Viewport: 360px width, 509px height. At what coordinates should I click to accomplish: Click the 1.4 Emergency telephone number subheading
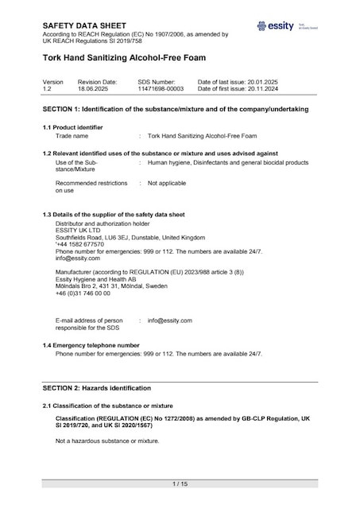91,345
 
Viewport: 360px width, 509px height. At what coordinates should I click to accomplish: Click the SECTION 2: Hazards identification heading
96,388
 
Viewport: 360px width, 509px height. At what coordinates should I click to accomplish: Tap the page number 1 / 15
180,484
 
